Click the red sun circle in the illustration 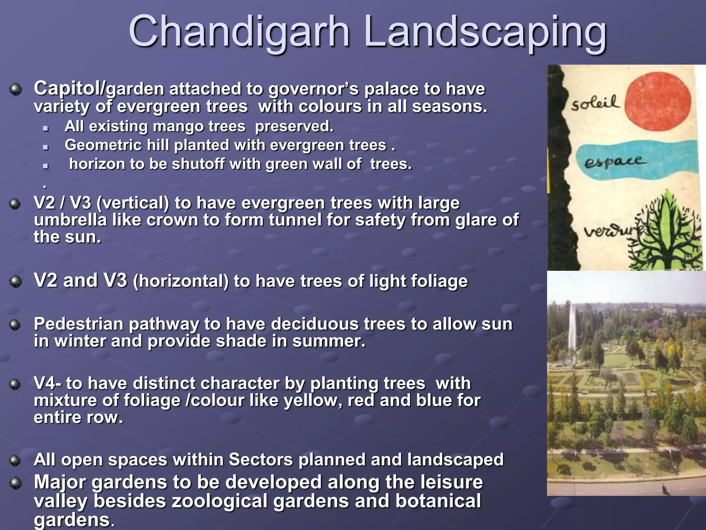658,102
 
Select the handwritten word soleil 595,103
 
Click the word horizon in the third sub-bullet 97,164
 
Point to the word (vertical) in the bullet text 133,203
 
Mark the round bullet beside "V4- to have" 14,384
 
